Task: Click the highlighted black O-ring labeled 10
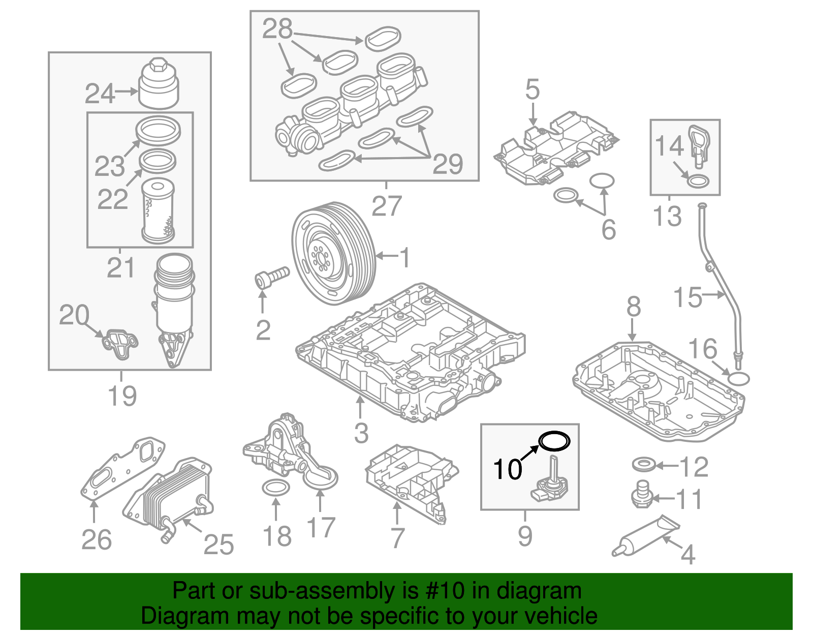click(554, 441)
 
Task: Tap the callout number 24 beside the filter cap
click(100, 94)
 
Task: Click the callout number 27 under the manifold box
click(387, 206)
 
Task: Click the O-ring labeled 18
click(275, 488)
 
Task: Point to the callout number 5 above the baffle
click(532, 89)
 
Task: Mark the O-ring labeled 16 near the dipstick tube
click(738, 378)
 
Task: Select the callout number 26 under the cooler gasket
click(96, 540)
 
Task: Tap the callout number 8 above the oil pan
click(633, 307)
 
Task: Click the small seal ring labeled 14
click(698, 180)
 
